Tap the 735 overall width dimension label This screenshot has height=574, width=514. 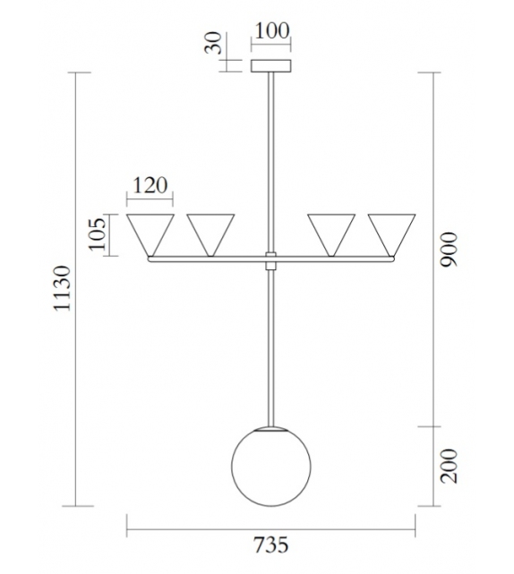coord(271,544)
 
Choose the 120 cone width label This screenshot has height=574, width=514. coord(150,185)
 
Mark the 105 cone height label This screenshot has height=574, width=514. coord(99,235)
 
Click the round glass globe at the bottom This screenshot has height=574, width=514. coord(270,468)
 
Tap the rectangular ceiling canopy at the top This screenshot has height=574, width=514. coord(270,66)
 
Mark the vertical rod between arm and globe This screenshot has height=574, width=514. coord(270,349)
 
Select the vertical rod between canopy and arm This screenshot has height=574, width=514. coord(270,161)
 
